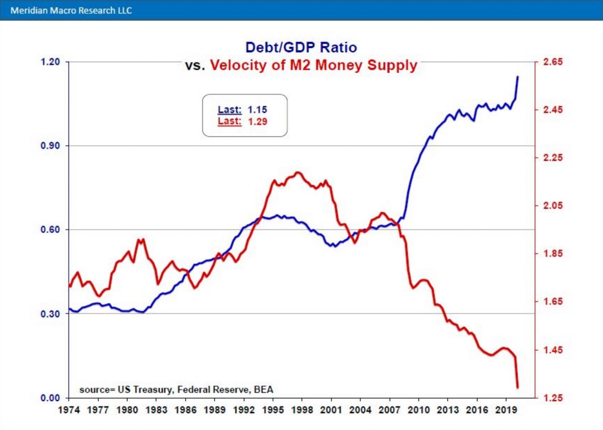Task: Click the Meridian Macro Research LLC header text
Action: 71,10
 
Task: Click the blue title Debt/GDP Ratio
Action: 301,48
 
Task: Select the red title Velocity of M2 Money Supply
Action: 313,65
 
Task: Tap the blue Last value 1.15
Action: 257,110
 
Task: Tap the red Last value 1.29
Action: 257,121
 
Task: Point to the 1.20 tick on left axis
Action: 50,62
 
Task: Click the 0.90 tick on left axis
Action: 50,146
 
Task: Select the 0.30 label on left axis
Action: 50,314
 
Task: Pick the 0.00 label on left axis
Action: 50,398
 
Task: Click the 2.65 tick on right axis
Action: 553,62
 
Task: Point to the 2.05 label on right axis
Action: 553,206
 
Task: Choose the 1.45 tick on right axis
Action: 553,350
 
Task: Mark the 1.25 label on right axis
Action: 553,398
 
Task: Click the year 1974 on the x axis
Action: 69,410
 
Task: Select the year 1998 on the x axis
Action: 302,410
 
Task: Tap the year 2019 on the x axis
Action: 506,410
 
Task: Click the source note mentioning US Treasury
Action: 176,390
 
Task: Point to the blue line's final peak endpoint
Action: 517,77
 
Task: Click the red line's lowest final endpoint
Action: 517,388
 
